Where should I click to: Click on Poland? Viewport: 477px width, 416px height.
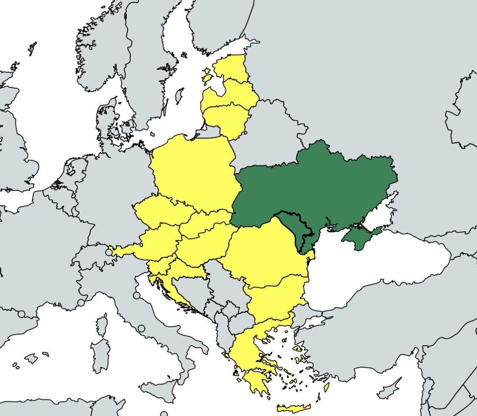tap(193, 170)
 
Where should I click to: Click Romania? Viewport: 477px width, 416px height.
tap(265, 252)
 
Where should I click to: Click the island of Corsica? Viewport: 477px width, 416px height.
tap(102, 324)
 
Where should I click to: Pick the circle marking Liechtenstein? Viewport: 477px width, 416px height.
tap(109, 252)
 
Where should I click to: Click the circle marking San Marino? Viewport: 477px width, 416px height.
tap(137, 296)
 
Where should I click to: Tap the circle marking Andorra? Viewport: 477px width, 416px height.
tap(22, 314)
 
